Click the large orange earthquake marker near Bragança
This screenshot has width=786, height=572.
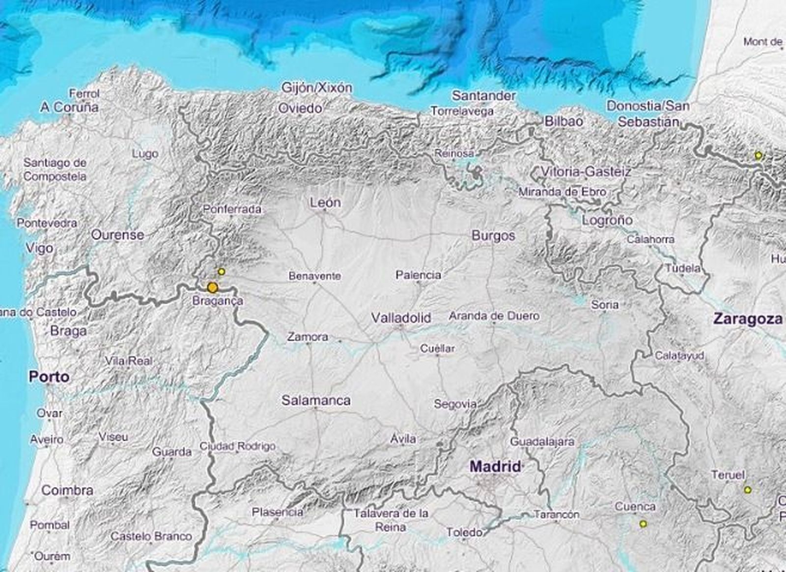(212, 287)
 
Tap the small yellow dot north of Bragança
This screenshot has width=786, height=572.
(222, 271)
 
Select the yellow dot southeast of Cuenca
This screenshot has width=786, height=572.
(643, 524)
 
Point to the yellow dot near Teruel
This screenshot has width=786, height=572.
(748, 489)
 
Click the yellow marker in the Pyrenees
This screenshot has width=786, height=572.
(758, 156)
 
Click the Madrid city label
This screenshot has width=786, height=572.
(495, 466)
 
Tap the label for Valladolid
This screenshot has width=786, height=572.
(401, 318)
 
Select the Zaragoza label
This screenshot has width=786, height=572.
(748, 319)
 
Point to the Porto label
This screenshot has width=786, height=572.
(49, 377)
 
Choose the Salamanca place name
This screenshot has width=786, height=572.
(316, 400)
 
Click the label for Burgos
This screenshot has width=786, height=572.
(493, 235)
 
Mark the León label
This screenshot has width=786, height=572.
(325, 202)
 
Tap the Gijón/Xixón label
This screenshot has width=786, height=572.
(316, 88)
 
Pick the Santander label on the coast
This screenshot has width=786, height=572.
(483, 95)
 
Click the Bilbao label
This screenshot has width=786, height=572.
(563, 121)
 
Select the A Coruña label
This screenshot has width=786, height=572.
(69, 107)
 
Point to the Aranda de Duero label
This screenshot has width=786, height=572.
(494, 315)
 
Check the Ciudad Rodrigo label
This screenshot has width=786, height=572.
(237, 447)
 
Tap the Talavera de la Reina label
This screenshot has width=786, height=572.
(391, 520)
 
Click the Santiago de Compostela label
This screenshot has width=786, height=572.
(55, 169)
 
